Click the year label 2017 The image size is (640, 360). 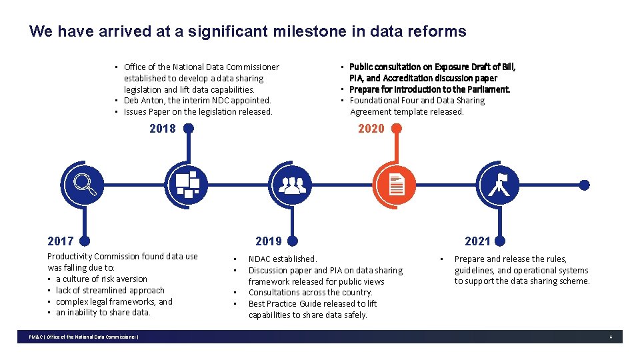pos(60,241)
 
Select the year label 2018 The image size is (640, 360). pos(163,129)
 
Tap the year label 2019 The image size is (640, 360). pos(269,241)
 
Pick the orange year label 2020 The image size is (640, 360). pos(371,129)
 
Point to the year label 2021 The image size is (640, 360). pos(477,241)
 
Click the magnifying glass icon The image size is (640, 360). pos(84,185)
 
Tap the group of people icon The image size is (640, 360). pos(291,185)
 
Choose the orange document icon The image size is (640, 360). pos(396,185)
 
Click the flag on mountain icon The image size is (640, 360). pos(501,185)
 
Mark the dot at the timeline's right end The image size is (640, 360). pos(584,185)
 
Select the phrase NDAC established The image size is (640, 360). pos(283,259)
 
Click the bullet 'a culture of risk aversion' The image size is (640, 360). pos(101,279)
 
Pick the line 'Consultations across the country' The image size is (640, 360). pos(310,293)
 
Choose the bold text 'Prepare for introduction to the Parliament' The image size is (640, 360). pos(430,89)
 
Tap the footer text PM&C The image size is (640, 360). pos(35,337)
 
